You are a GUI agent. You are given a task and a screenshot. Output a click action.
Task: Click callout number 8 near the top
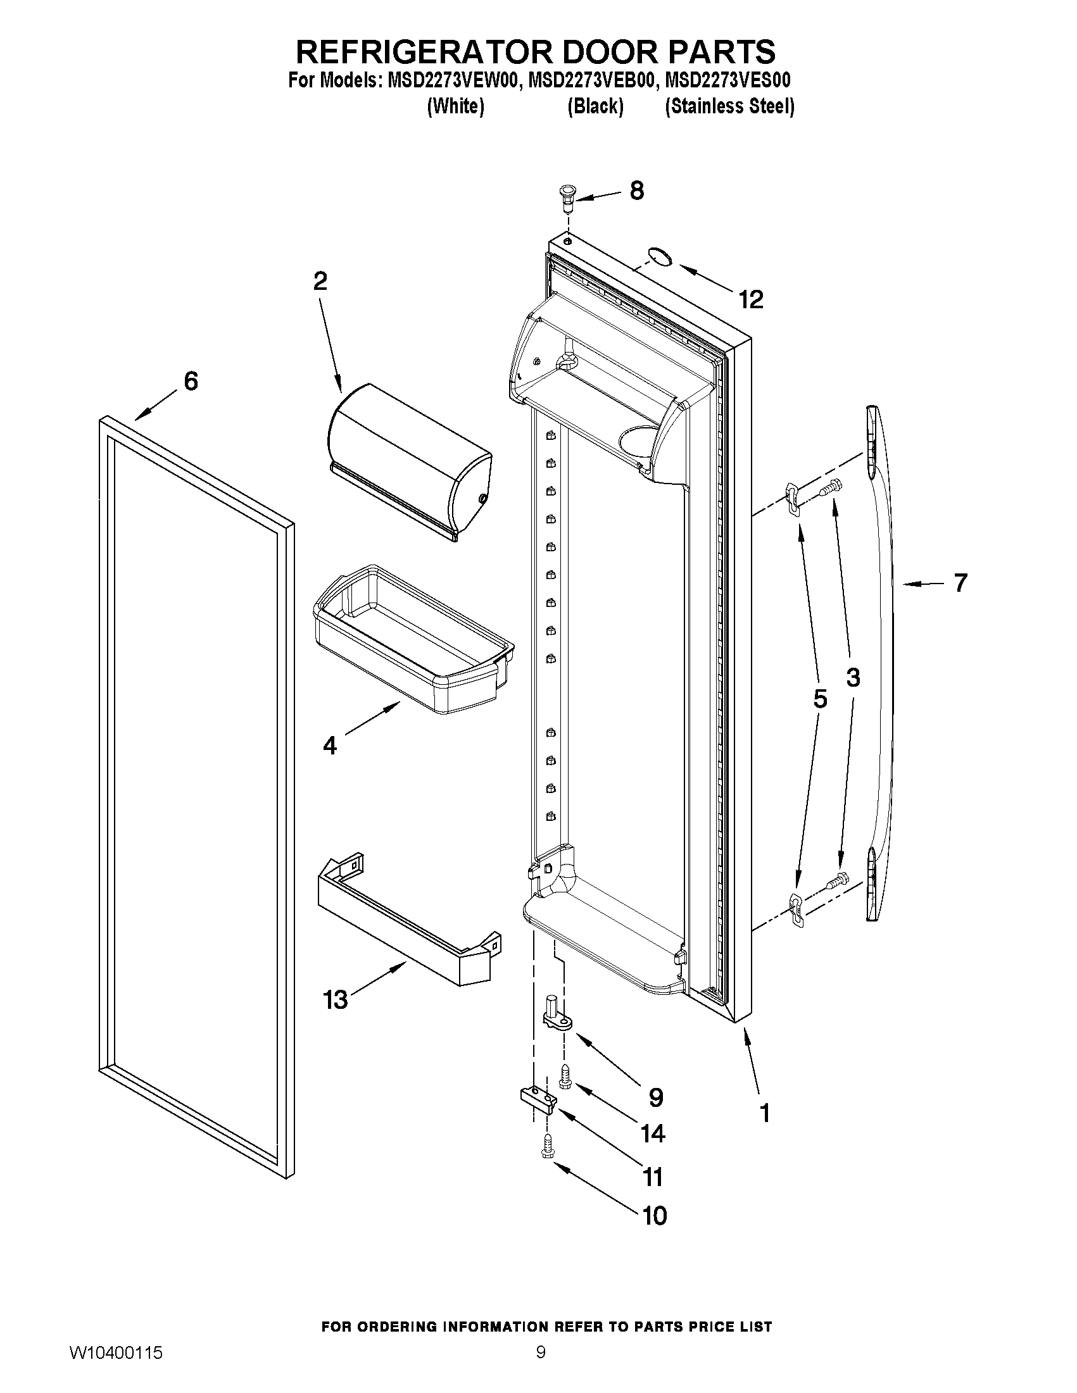click(x=636, y=191)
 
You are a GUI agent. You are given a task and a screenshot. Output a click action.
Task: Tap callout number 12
click(x=751, y=299)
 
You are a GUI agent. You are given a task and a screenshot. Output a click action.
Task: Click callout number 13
click(x=336, y=999)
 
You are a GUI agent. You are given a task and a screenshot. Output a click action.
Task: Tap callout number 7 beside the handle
click(x=960, y=582)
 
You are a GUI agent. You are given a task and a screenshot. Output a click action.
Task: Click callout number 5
click(x=820, y=699)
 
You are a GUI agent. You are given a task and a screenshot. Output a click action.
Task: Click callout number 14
click(x=652, y=1134)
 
